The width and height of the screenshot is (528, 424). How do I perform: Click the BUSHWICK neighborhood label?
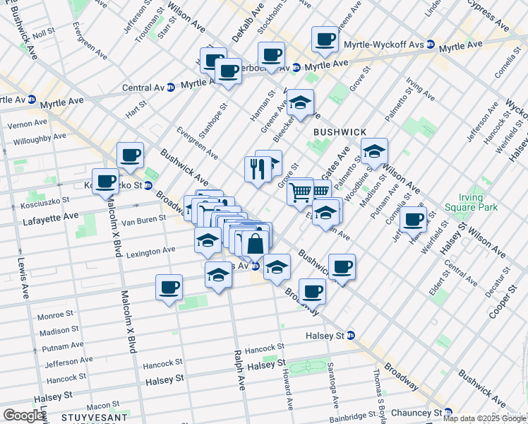coord(340,132)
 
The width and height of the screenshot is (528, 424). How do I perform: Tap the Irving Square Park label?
coord(472,202)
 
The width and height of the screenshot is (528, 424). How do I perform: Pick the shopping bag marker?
coord(255,245)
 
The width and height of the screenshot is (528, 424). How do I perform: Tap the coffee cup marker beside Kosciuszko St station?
coord(106,181)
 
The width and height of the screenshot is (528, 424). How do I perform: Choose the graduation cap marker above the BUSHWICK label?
coord(300,103)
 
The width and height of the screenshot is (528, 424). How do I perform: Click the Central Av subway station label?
coord(143,88)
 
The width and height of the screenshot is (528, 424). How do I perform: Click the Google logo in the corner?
coord(23,415)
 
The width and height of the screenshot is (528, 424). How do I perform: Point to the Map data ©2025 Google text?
coord(484,418)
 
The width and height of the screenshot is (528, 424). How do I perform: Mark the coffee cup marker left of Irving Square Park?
coord(413,220)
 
